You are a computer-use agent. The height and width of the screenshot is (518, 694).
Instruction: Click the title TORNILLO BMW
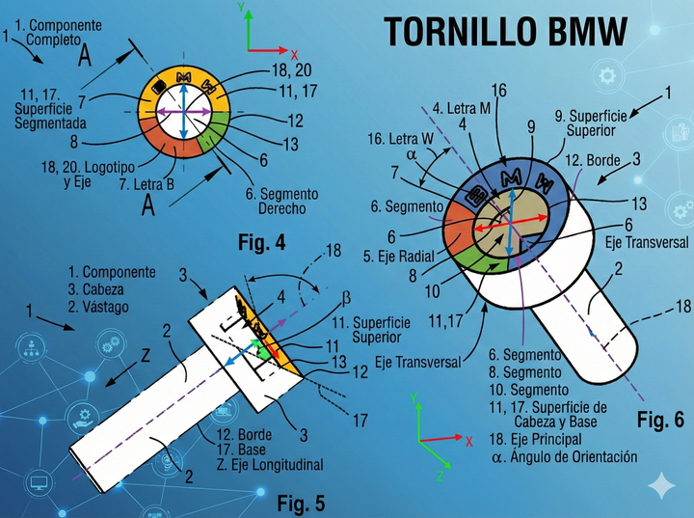coord(505,31)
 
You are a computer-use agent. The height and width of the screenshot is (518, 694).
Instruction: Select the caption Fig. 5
coord(301,502)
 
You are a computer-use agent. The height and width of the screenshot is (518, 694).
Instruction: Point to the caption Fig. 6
coord(660,420)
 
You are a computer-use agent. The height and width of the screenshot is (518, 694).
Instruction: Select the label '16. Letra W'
coord(406,140)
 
